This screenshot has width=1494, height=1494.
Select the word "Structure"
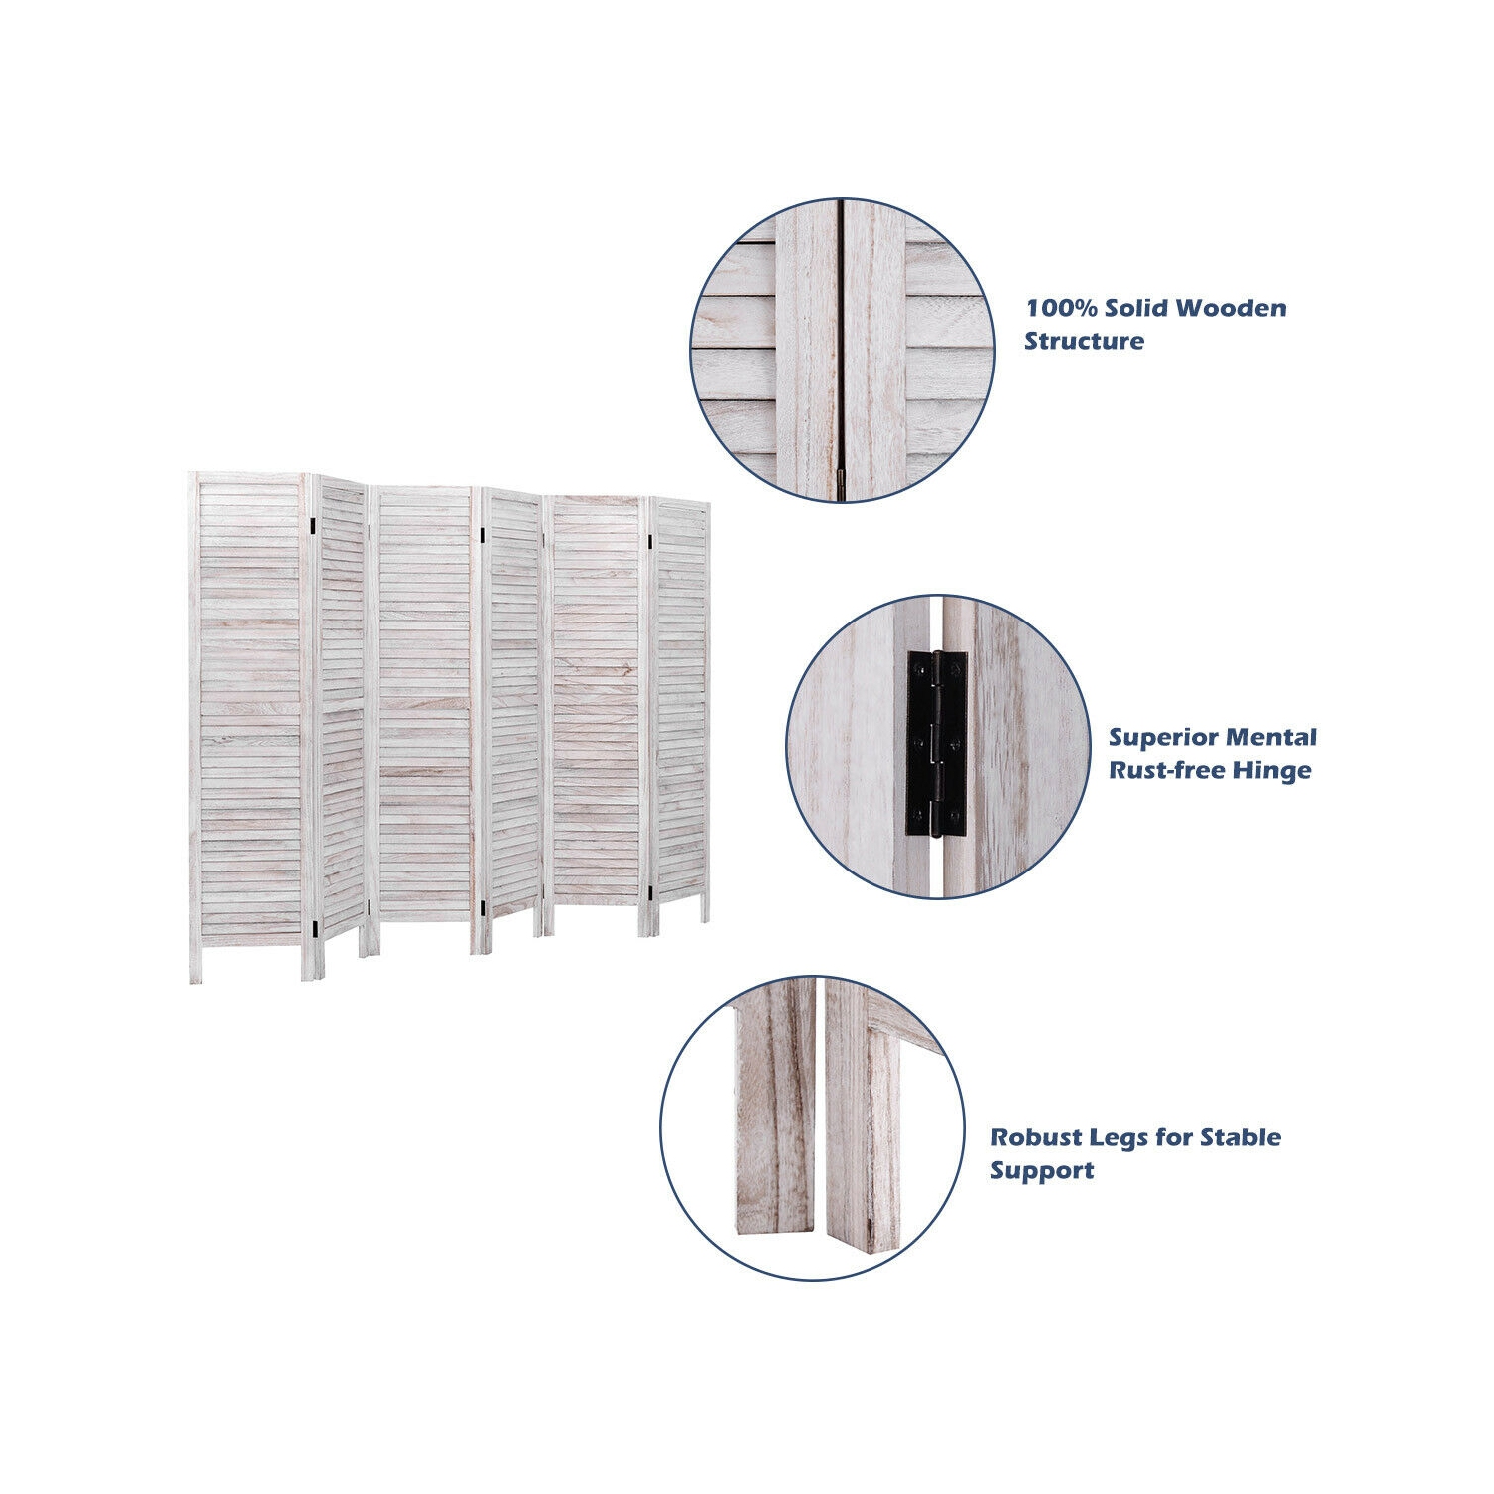[1085, 341]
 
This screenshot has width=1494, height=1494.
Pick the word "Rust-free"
[1166, 771]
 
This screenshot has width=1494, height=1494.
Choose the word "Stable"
[1240, 1137]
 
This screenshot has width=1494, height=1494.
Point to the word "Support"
[1042, 1171]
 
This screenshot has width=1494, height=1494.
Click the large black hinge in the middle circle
[936, 743]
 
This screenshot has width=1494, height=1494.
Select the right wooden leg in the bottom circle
[863, 1120]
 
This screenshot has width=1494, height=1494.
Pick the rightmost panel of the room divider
[680, 711]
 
